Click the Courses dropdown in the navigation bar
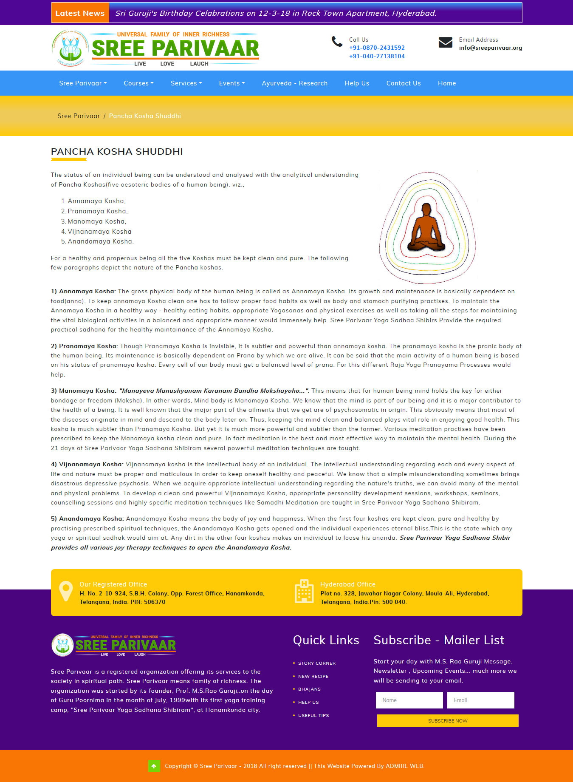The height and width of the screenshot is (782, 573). click(138, 83)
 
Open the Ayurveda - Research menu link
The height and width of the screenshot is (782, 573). click(294, 83)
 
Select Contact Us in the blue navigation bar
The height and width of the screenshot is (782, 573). click(403, 83)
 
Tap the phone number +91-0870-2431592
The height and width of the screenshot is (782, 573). click(377, 48)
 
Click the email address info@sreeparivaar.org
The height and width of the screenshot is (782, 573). click(490, 48)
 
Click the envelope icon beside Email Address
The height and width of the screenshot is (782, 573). click(445, 42)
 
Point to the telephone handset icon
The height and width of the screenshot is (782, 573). click(337, 42)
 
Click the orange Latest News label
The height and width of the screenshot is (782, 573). click(80, 13)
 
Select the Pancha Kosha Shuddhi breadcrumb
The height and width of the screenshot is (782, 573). click(145, 116)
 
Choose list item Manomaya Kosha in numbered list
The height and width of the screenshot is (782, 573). click(97, 221)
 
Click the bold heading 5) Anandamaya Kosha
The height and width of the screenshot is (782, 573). click(87, 519)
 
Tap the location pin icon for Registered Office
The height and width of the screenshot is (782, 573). click(66, 591)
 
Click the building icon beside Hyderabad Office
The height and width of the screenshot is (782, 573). click(304, 591)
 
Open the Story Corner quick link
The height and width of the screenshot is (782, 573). click(317, 663)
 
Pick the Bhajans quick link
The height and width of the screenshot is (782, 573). click(309, 689)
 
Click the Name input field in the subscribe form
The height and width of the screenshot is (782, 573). click(409, 700)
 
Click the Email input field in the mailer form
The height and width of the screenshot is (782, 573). click(480, 700)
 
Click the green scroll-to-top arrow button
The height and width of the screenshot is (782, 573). click(154, 766)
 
